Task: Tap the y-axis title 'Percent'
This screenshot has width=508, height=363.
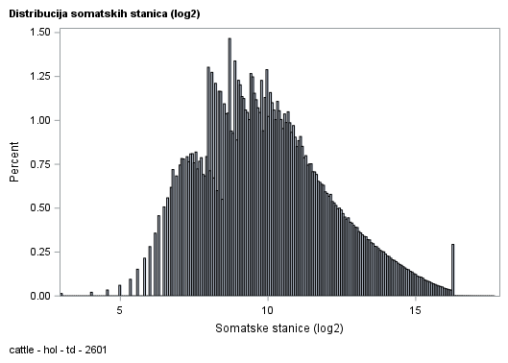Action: [14, 163]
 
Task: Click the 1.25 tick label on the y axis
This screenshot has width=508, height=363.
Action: [38, 77]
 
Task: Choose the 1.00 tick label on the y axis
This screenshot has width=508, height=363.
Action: [38, 120]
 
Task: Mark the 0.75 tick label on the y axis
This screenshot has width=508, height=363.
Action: [38, 164]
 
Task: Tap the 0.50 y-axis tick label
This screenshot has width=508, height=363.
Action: [38, 208]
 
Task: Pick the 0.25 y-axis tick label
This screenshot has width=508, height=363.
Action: [38, 252]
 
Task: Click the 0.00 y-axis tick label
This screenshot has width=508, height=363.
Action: [38, 296]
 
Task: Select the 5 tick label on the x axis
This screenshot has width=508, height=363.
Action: [120, 311]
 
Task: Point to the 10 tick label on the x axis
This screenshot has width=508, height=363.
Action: [267, 311]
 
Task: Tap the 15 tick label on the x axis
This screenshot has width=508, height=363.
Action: [415, 311]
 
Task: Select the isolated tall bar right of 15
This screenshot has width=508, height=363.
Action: [452, 270]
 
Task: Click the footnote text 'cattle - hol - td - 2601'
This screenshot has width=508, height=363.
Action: [57, 350]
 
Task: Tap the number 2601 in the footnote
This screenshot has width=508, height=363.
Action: [94, 350]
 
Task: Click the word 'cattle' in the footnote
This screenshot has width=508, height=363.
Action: [21, 350]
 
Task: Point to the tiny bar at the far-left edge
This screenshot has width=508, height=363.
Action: [61, 294]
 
